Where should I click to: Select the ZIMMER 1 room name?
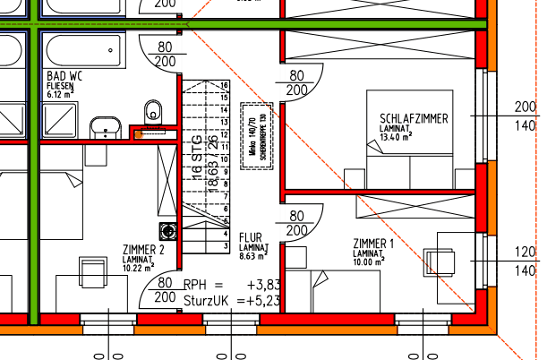(x=373, y=244)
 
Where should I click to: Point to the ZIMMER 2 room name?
(x=143, y=249)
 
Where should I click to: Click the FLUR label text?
(x=252, y=238)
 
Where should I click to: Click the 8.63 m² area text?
(x=254, y=256)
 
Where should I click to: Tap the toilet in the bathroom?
(x=153, y=110)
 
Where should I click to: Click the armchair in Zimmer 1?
(x=445, y=254)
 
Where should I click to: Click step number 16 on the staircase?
(x=224, y=85)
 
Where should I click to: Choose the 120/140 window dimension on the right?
(x=525, y=261)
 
